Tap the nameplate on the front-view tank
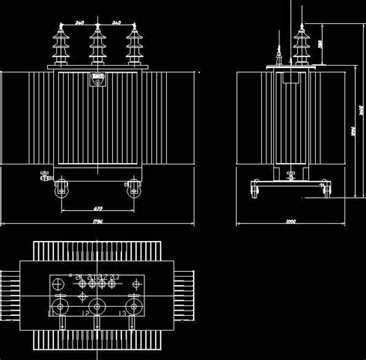click(97, 77)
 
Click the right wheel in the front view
click(134, 188)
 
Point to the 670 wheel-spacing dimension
click(97, 209)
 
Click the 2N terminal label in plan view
click(78, 276)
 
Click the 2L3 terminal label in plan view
click(115, 276)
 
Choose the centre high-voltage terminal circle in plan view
click(97, 306)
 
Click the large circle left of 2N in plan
click(59, 284)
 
